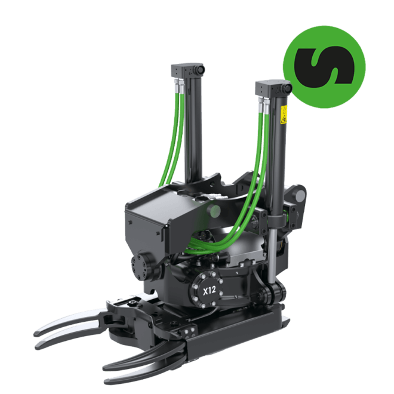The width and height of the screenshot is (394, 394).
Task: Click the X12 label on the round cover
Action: [210, 291]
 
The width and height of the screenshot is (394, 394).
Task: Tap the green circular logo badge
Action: [324, 67]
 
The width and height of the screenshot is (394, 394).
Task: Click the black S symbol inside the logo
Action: [324, 66]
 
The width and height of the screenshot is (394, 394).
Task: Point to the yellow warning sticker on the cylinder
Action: [284, 115]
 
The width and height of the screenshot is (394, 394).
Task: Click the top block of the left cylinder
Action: [187, 70]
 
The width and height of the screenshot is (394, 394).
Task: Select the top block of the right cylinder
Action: [272, 88]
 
